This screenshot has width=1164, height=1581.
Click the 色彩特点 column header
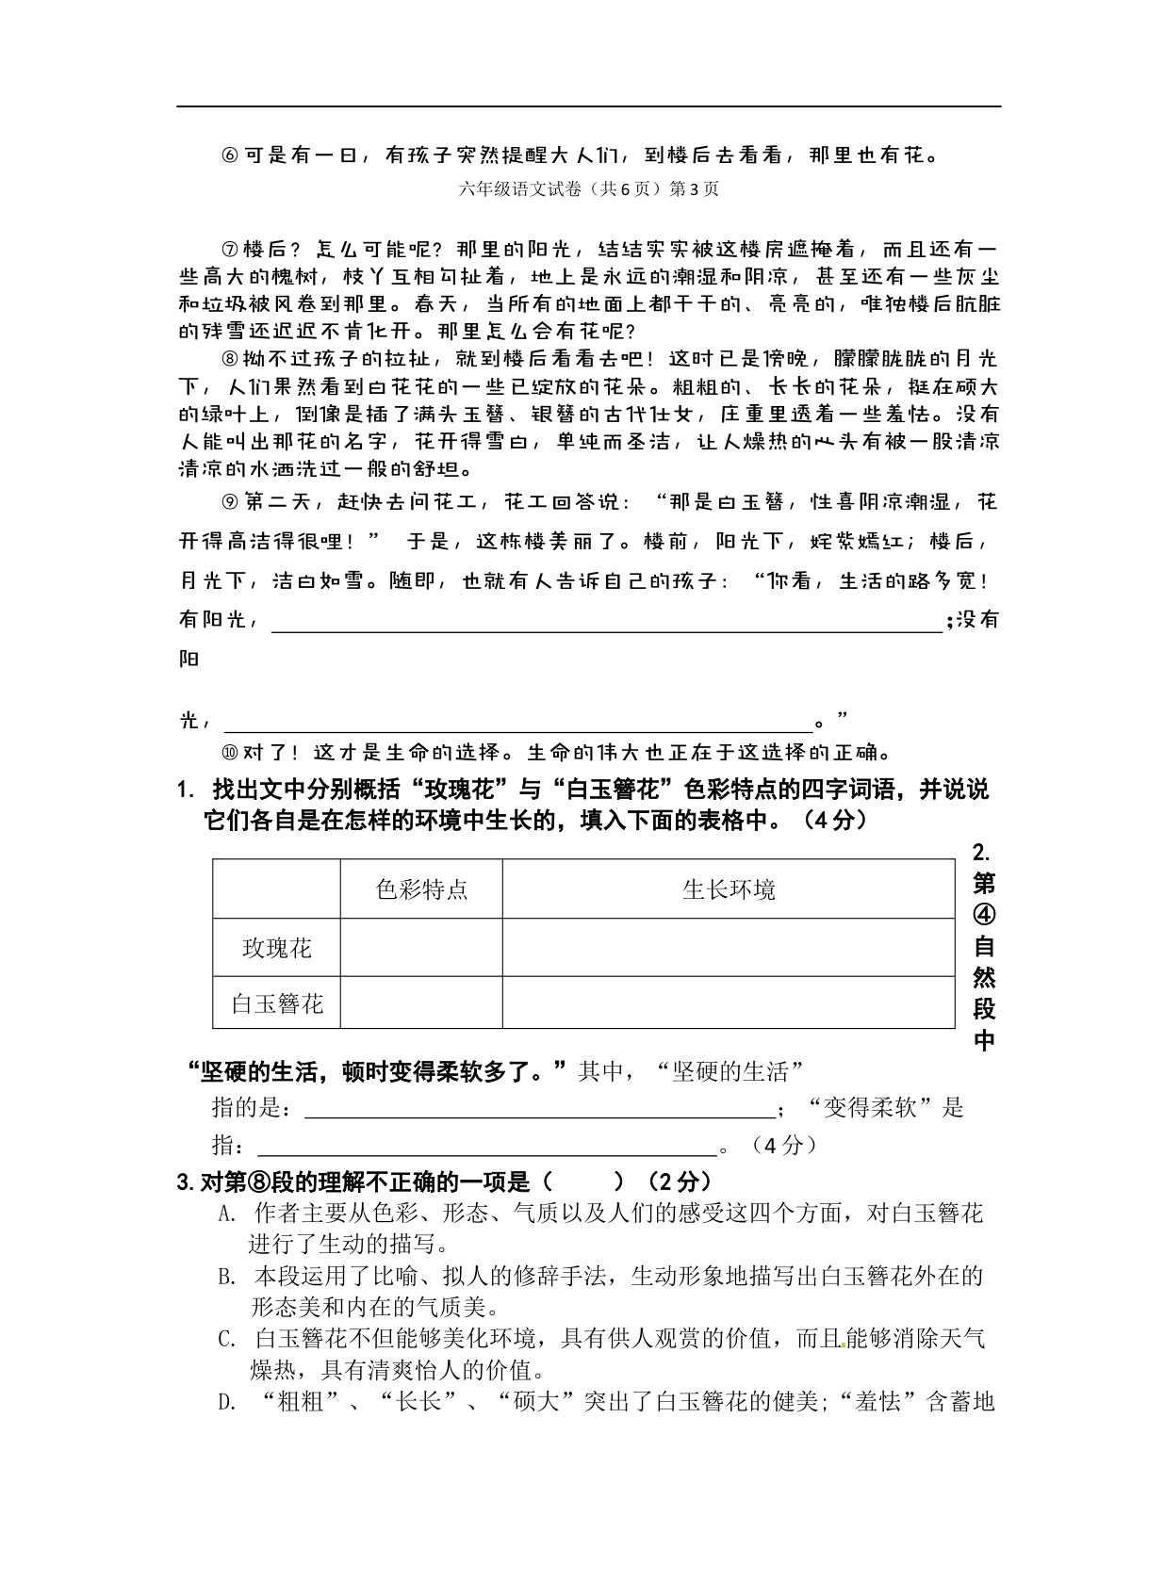tap(421, 888)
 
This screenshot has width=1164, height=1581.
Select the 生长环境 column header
tap(729, 888)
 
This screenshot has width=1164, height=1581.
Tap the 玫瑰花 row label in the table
tap(276, 948)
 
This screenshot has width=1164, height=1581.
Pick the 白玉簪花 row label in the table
tap(277, 1003)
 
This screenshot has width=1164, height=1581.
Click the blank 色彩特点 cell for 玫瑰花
tap(421, 948)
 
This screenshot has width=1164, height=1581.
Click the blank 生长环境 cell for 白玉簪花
tap(729, 1002)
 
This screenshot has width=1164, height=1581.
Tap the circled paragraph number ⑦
tap(230, 250)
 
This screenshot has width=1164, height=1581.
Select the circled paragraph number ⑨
tap(230, 501)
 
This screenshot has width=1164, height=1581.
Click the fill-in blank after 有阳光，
tap(606, 622)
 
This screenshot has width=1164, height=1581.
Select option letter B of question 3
tap(226, 1278)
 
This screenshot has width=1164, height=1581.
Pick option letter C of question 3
tap(226, 1340)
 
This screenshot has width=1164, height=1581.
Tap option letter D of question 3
tap(226, 1403)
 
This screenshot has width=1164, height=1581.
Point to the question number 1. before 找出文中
tap(185, 790)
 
